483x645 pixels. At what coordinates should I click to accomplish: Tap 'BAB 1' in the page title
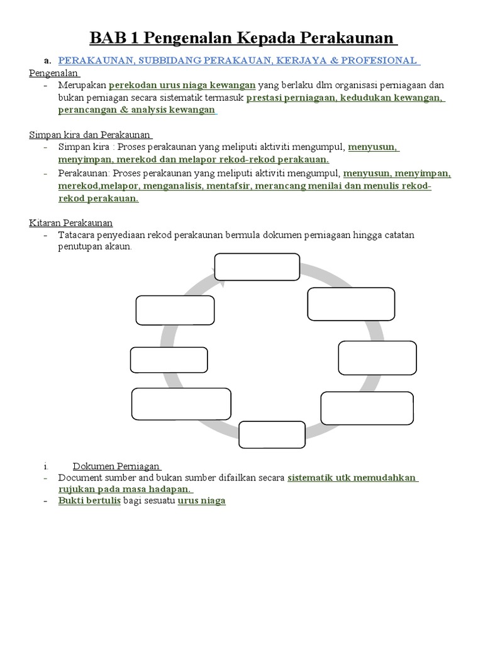coord(116,38)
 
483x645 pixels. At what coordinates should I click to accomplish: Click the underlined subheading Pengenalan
coord(53,72)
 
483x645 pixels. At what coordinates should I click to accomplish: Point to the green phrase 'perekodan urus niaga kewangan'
coord(182,85)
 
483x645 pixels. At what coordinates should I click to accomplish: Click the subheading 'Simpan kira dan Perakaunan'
coord(90,135)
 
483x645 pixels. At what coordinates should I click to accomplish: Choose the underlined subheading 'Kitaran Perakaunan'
coord(70,222)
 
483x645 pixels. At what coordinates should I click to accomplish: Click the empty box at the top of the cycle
coord(257,266)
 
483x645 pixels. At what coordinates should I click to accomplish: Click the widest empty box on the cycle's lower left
coord(182,404)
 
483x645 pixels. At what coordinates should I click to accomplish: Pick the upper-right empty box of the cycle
coord(351,303)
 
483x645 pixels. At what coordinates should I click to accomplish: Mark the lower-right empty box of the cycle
coord(367,408)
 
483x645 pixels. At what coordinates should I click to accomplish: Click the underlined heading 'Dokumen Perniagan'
coord(116,467)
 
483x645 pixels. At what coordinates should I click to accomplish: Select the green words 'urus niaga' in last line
coord(201,501)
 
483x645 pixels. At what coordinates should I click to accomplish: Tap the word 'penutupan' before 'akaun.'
coord(78,246)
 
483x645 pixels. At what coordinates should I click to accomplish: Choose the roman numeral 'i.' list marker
coord(47,467)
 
